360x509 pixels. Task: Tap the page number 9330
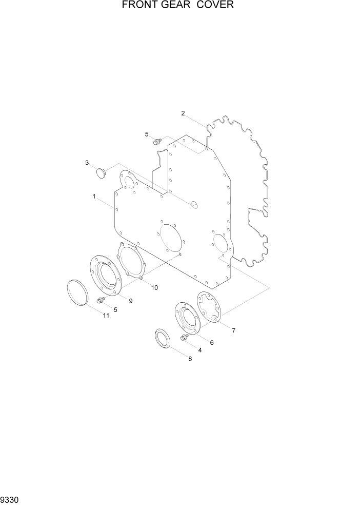tap(10, 500)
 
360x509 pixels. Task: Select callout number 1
tap(94, 197)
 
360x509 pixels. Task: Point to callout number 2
tap(183, 113)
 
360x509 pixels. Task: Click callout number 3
tap(87, 163)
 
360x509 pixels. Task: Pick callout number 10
tap(155, 288)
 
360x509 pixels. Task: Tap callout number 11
tap(106, 315)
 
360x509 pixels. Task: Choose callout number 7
tap(233, 331)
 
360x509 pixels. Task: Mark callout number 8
tap(190, 359)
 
